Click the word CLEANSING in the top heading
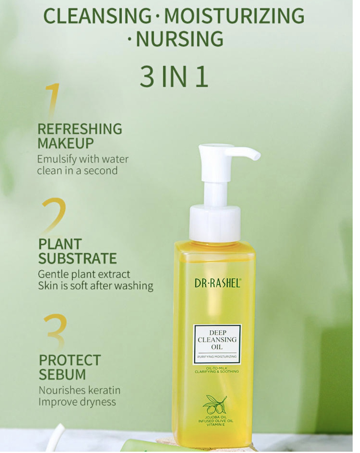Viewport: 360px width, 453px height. tap(97, 16)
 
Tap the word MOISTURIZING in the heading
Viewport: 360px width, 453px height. tap(234, 16)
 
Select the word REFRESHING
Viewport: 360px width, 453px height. tap(80, 129)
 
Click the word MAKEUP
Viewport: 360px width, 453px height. tap(66, 143)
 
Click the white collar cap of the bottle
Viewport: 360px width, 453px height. tap(215, 224)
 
